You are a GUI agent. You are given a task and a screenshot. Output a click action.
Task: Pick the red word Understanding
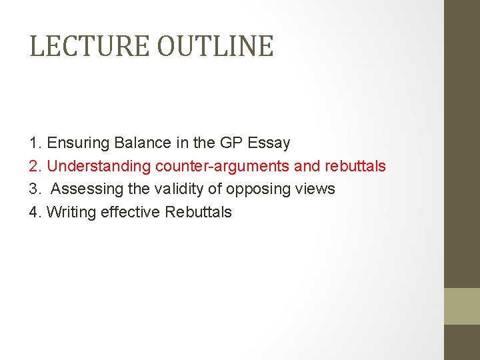coord(99,166)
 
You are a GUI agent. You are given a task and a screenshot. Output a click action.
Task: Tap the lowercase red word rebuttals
coord(355,166)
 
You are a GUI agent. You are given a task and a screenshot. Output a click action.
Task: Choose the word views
coord(315,189)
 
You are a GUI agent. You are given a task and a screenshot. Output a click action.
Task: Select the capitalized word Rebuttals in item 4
coord(198,213)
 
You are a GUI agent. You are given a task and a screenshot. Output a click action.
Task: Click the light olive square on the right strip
coord(462,306)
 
